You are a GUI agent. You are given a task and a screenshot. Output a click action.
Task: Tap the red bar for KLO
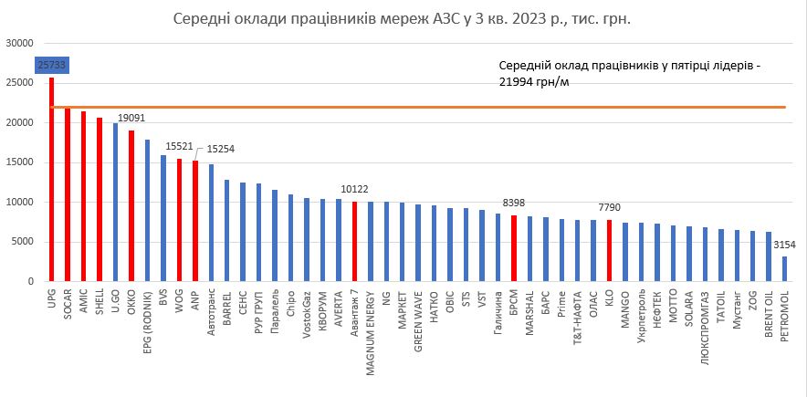coord(609,251)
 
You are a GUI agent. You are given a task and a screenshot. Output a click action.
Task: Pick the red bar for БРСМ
coord(514,248)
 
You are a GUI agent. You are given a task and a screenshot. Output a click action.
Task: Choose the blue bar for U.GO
coord(115,203)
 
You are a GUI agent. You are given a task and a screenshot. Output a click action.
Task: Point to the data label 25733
coord(51,65)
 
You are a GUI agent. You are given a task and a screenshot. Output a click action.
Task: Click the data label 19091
coord(131,119)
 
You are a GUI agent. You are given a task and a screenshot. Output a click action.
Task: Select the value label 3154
coord(784,245)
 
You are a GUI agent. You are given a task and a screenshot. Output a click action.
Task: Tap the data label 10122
coord(354,190)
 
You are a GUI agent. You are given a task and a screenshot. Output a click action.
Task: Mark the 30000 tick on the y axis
coord(19,43)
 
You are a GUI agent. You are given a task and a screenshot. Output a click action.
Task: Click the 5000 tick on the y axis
coord(22,242)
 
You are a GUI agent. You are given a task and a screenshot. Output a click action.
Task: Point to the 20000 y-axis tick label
coord(19,122)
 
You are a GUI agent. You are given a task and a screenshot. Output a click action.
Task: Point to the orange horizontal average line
coord(456,107)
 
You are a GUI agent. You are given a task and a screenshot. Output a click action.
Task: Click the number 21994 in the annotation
coord(517,82)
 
